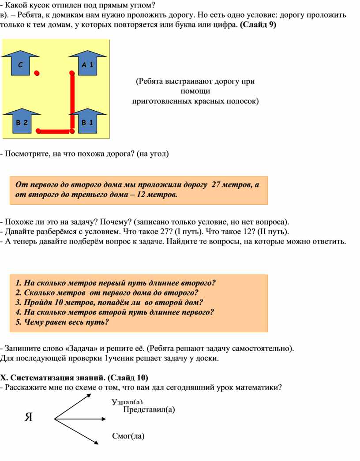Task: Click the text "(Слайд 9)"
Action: point(258,25)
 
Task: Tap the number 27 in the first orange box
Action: point(217,184)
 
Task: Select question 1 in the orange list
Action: point(115,283)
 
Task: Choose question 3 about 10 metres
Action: point(109,302)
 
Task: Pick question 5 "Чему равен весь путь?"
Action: point(62,322)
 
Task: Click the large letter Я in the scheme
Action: point(29,417)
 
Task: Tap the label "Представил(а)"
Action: point(149,409)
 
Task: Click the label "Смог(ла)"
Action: point(128,436)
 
